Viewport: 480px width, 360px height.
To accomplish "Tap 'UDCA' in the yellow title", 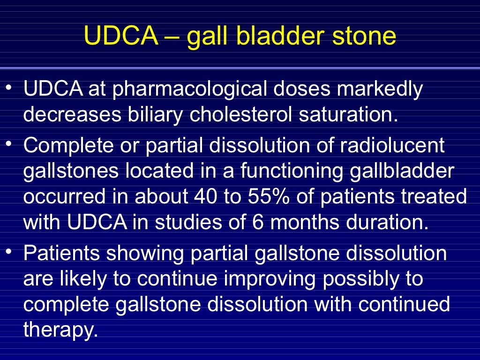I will pyautogui.click(x=121, y=36).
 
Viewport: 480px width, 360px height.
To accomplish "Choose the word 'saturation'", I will pyautogui.click(x=352, y=115).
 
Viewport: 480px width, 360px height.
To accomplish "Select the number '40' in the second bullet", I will pyautogui.click(x=205, y=197).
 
